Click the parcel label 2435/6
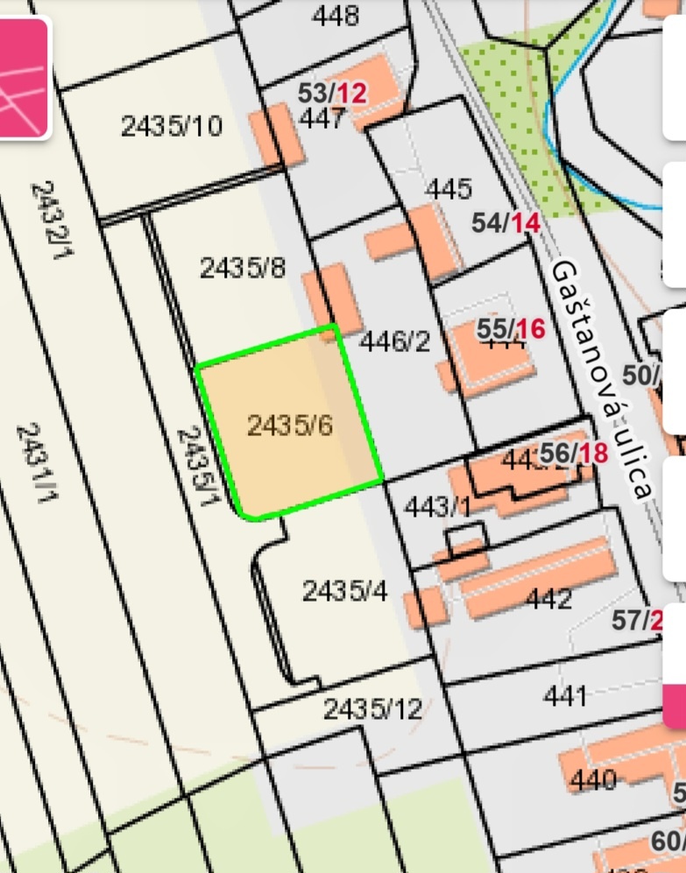pos(290,426)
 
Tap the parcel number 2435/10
pos(172,127)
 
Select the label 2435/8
pos(243,268)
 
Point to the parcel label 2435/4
pos(344,591)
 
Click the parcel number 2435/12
pos(372,708)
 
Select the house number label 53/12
pos(332,93)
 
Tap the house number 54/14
pos(506,223)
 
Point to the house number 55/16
pos(511,329)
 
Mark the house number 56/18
pos(574,453)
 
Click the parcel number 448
pos(336,16)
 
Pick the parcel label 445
pos(449,189)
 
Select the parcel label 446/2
pos(395,341)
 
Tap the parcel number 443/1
pos(437,506)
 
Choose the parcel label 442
pos(549,599)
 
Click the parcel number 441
pos(565,696)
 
